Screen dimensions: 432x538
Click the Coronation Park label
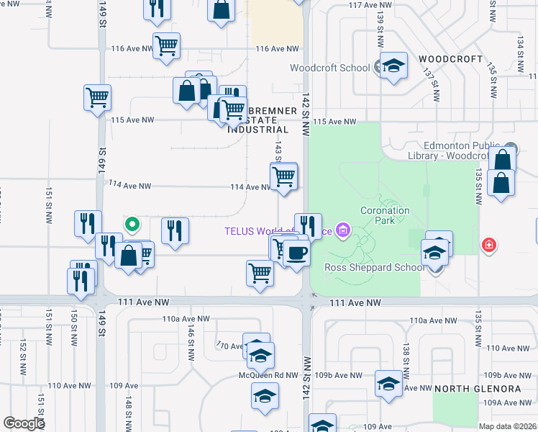[385, 215]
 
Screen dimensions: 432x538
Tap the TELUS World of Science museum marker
[343, 232]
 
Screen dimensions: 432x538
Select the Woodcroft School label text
[330, 68]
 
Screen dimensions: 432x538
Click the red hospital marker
[490, 246]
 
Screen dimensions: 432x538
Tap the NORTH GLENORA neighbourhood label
[478, 389]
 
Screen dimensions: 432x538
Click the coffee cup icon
[296, 253]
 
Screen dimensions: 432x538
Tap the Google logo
[24, 423]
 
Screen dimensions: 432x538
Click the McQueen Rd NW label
[268, 375]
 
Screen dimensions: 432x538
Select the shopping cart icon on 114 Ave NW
[283, 175]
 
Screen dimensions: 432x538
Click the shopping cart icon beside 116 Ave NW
[166, 45]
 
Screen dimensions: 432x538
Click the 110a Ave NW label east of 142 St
[428, 320]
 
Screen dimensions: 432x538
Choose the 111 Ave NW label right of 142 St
[354, 304]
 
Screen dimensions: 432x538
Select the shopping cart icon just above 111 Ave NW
[260, 274]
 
